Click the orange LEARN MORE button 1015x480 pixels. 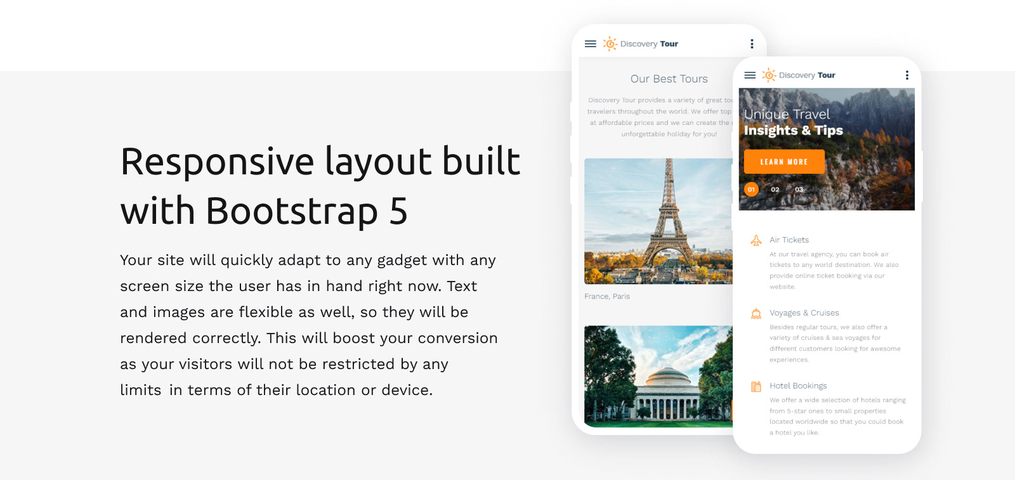pyautogui.click(x=784, y=162)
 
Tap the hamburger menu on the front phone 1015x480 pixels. pyautogui.click(x=750, y=75)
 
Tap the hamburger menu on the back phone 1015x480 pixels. pyautogui.click(x=591, y=44)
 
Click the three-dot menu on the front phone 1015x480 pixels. pyautogui.click(x=907, y=75)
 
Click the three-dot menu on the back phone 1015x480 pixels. pyautogui.click(x=752, y=44)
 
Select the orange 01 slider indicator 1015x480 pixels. pyautogui.click(x=751, y=190)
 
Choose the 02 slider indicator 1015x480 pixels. pyautogui.click(x=775, y=190)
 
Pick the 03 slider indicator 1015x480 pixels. pyautogui.click(x=799, y=190)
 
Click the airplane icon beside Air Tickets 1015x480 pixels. pyautogui.click(x=756, y=241)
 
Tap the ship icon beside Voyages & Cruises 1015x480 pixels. pyautogui.click(x=756, y=314)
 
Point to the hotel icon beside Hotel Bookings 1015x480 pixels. pyautogui.click(x=756, y=387)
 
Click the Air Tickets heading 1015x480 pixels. pyautogui.click(x=789, y=240)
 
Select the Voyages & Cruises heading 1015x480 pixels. pyautogui.click(x=804, y=313)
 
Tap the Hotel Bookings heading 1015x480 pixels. pyautogui.click(x=798, y=386)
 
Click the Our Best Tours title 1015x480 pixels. pyautogui.click(x=669, y=79)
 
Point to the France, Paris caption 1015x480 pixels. pyautogui.click(x=607, y=297)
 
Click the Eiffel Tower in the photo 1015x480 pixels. pyautogui.click(x=668, y=216)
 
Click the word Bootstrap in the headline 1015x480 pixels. pyautogui.click(x=292, y=211)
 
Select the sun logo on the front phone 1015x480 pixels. pyautogui.click(x=769, y=75)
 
